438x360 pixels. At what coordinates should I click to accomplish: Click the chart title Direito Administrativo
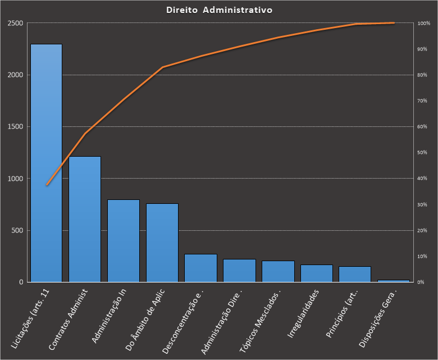(x=220, y=10)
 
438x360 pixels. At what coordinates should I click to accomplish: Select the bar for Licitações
(x=46, y=163)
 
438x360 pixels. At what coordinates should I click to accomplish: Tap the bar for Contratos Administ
(x=85, y=219)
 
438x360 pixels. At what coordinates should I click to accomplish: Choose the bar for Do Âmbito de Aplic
(x=162, y=243)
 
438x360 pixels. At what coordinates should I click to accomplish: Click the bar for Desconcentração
(x=200, y=268)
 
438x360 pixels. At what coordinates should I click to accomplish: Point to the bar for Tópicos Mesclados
(x=278, y=271)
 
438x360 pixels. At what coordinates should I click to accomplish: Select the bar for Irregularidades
(x=316, y=274)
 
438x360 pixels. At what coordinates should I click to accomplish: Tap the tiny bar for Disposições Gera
(x=394, y=280)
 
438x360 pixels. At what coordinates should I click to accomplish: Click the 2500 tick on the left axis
(x=15, y=23)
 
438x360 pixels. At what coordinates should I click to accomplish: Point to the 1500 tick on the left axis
(x=15, y=127)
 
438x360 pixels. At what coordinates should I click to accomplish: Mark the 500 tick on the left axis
(x=17, y=230)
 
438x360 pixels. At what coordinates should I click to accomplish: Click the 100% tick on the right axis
(x=423, y=23)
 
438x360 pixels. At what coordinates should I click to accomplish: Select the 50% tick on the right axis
(x=422, y=153)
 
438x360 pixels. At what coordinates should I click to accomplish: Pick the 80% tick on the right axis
(x=422, y=75)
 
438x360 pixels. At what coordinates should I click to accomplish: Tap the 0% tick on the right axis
(x=421, y=282)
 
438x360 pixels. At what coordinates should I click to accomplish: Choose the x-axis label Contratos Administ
(x=68, y=320)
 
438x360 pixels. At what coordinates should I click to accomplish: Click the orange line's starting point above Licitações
(x=47, y=185)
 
